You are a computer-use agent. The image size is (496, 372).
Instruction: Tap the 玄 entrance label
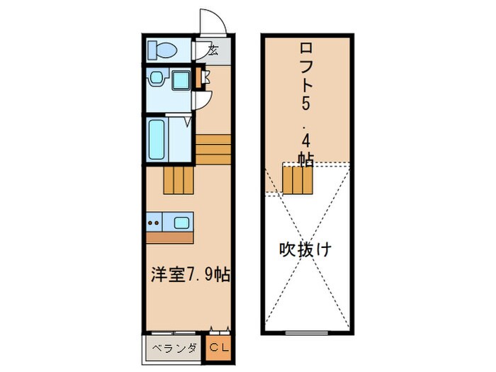[213, 50]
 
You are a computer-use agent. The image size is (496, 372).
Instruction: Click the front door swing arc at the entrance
[212, 21]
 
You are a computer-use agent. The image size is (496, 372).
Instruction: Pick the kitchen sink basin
[181, 222]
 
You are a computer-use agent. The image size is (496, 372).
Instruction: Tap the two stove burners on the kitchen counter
[154, 222]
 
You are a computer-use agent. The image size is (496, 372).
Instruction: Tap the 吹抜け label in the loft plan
[305, 249]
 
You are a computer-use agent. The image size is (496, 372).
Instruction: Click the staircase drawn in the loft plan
[298, 179]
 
